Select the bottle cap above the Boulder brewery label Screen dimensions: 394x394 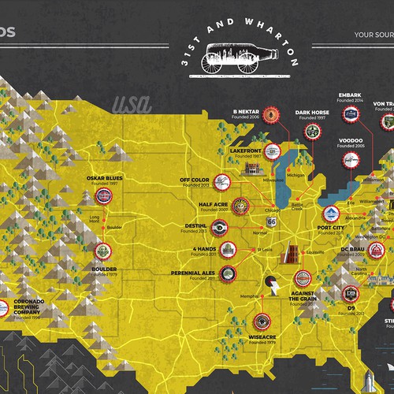coord(100,229)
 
